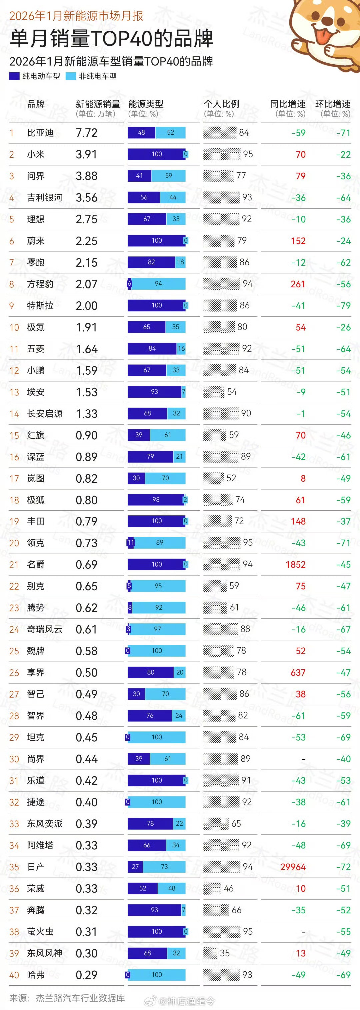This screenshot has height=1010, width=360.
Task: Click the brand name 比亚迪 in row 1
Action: point(40,133)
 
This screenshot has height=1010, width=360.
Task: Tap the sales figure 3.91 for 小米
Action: point(86,155)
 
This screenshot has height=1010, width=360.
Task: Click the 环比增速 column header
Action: point(333,104)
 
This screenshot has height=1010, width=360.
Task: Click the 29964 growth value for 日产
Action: point(293,867)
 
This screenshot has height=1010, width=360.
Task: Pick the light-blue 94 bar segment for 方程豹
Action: point(158,284)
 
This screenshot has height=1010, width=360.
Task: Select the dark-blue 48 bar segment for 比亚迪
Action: point(141,133)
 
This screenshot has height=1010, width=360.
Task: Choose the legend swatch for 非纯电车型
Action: point(71,76)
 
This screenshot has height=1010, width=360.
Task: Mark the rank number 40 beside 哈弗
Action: point(14,975)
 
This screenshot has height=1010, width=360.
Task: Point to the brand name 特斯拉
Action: point(40,306)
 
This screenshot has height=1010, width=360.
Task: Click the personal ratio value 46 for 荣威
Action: point(229,888)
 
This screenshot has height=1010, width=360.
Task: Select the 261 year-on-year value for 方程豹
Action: point(298,284)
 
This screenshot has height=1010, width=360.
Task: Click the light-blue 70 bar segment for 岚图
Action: point(165,478)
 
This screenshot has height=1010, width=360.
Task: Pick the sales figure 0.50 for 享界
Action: point(86,673)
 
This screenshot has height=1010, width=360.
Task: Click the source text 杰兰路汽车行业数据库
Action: point(80,998)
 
